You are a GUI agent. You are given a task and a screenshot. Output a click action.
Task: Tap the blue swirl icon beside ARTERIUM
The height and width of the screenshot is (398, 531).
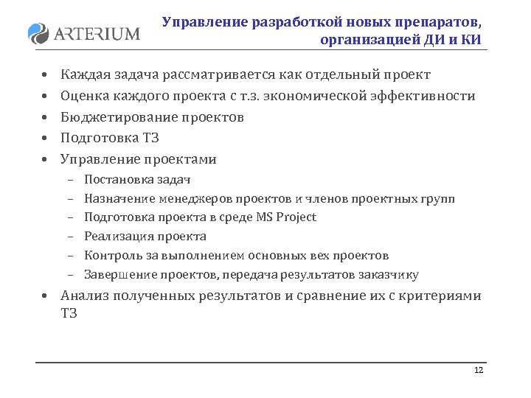click(38, 33)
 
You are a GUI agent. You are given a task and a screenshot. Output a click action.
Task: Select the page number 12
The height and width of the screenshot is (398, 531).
click(479, 370)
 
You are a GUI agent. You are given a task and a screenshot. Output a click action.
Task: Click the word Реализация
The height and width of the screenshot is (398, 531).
click(114, 236)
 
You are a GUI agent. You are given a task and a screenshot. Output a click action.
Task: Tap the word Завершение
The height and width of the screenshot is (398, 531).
click(115, 275)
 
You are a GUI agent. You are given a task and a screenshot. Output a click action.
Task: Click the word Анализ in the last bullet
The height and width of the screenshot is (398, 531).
click(84, 296)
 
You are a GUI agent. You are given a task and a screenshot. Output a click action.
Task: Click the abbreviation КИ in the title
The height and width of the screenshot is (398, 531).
click(471, 40)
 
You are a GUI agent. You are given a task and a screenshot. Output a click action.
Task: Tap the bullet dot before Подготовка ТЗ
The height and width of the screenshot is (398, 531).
click(44, 139)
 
